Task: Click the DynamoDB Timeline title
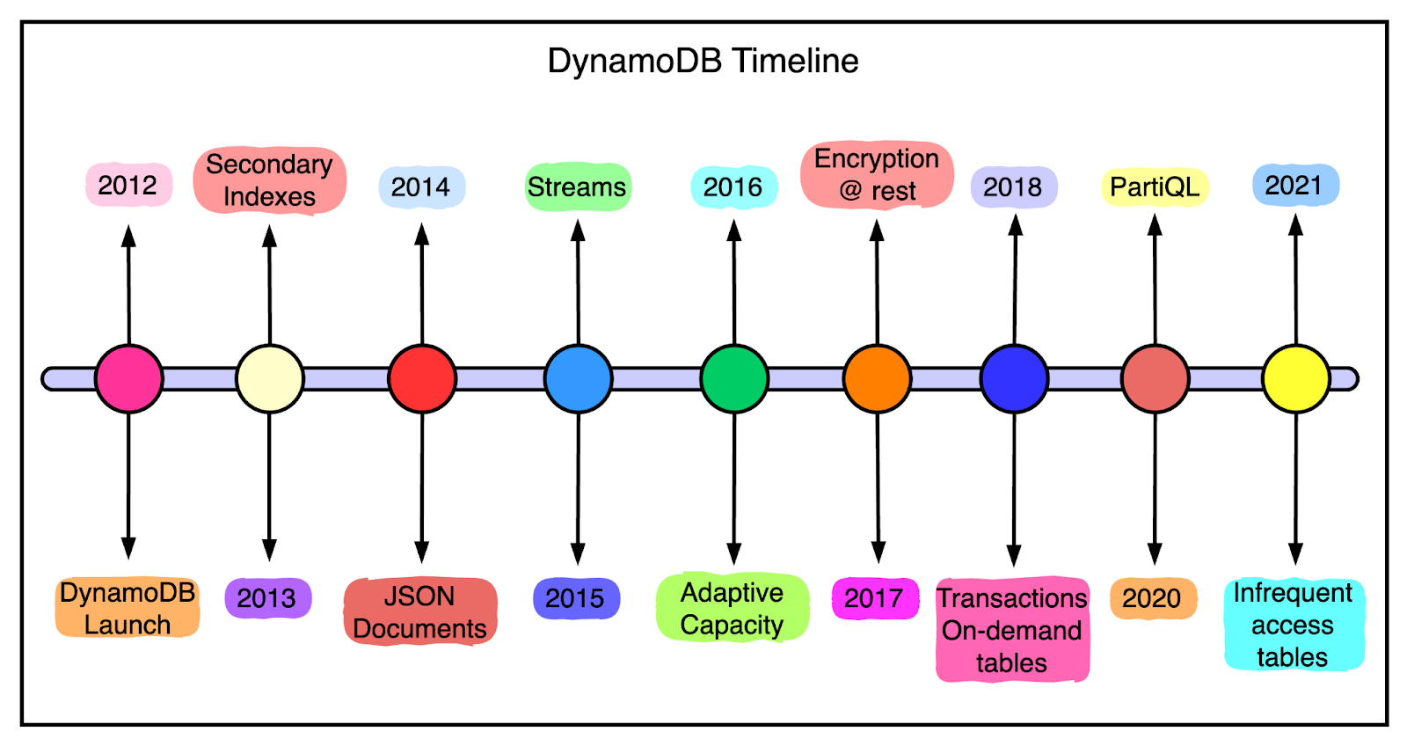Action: [x=703, y=61]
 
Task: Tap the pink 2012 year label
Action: [x=128, y=185]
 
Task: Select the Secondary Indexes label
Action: [x=269, y=180]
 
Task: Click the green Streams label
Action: [x=577, y=186]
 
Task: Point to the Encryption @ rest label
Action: [x=877, y=174]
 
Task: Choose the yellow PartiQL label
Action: [x=1155, y=186]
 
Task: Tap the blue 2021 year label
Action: [x=1294, y=185]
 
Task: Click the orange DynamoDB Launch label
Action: [x=128, y=608]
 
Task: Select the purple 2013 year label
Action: [x=267, y=598]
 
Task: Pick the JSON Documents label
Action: [x=419, y=611]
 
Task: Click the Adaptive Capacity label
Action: [x=732, y=608]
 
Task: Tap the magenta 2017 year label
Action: [x=874, y=598]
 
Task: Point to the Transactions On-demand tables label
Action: [x=1012, y=630]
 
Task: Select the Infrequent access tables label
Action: [x=1293, y=625]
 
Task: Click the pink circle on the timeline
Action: [x=129, y=378]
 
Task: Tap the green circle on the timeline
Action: [x=734, y=378]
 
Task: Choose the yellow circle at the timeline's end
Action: [x=1295, y=378]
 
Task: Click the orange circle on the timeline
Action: [x=877, y=378]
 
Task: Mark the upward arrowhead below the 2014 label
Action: [x=422, y=234]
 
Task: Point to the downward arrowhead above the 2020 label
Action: [x=1155, y=553]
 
